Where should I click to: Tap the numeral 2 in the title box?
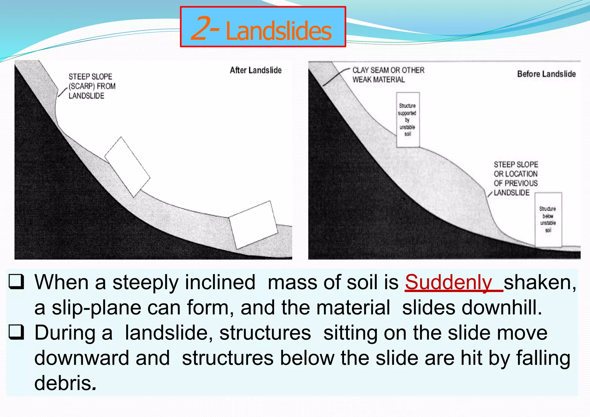(203, 28)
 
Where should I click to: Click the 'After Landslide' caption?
(256, 70)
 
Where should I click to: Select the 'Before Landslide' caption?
(546, 74)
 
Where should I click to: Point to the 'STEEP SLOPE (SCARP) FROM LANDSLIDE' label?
(92, 86)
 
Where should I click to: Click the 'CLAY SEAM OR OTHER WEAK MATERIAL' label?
(388, 75)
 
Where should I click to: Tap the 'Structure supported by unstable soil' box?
(408, 120)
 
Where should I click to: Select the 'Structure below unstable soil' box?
(548, 219)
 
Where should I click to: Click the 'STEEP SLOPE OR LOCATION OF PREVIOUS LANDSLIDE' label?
(515, 179)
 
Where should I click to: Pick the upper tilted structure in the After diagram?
(127, 167)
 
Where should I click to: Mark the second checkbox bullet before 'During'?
(16, 332)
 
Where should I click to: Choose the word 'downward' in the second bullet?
(82, 358)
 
